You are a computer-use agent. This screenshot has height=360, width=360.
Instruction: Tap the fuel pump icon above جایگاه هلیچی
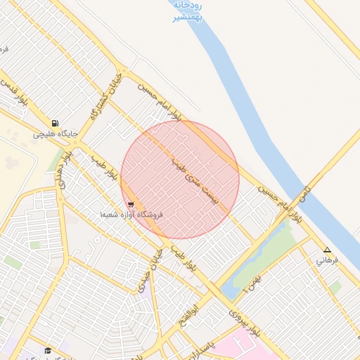[x=55, y=122]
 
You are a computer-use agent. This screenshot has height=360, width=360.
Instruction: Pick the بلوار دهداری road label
[x=65, y=169]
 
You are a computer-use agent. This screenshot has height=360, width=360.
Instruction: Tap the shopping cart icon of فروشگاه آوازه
[x=131, y=205]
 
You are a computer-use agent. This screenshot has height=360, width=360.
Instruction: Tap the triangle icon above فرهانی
[x=327, y=250]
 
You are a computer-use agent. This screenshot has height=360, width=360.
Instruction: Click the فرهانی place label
[x=327, y=260]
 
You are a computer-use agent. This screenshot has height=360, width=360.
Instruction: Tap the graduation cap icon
[x=48, y=350]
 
